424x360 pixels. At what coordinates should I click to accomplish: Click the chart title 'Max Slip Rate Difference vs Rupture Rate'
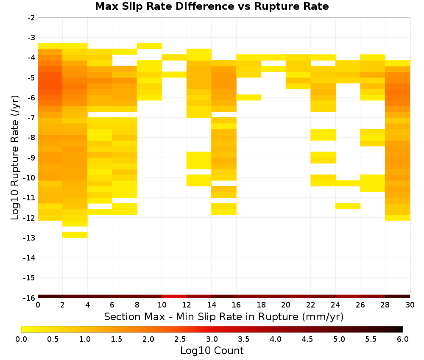[x=212, y=6]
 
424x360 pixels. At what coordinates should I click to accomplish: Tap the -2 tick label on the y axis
[x=31, y=18]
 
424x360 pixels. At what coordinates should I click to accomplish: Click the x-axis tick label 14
[x=212, y=305]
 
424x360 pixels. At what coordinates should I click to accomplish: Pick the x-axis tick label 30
[x=410, y=305]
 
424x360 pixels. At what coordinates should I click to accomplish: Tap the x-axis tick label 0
[x=38, y=305]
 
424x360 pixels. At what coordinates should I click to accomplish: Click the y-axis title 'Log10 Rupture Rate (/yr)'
[x=15, y=158]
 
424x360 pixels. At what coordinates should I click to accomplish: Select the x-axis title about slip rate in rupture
[x=224, y=316]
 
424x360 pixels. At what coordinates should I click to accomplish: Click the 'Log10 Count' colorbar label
[x=212, y=351]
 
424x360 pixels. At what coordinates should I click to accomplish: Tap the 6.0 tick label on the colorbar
[x=403, y=339]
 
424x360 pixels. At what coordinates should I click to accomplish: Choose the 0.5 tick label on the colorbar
[x=53, y=339]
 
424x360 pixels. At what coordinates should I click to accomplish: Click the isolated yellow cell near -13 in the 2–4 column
[x=75, y=235]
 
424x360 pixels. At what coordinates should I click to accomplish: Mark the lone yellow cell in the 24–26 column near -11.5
[x=348, y=206]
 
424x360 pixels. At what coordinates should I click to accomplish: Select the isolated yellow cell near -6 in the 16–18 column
[x=249, y=97]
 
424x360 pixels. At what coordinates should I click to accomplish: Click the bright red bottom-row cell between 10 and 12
[x=174, y=296]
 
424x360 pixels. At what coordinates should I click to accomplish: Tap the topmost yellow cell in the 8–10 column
[x=149, y=46]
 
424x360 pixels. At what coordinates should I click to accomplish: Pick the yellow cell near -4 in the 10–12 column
[x=174, y=57]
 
